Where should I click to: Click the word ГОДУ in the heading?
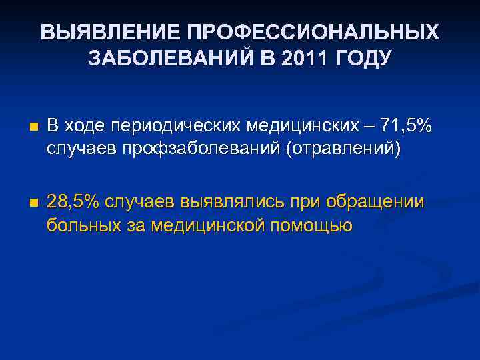[x=361, y=59]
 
